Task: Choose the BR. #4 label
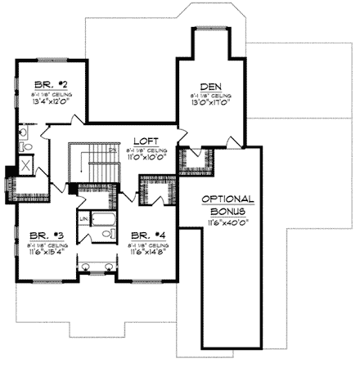pos(147,235)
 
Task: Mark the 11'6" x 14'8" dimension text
pos(148,251)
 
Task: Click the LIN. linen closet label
pos(84,219)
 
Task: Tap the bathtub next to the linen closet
pos(103,219)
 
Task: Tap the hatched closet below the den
pos(195,161)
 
